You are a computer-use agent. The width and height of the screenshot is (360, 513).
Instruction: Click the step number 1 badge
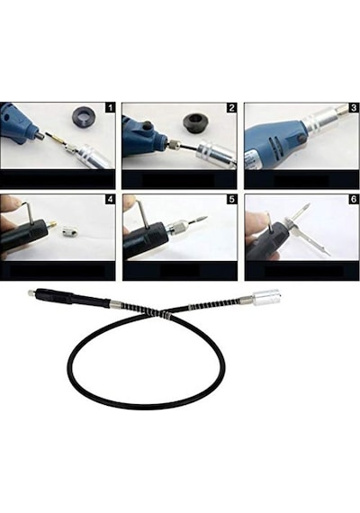click(111, 107)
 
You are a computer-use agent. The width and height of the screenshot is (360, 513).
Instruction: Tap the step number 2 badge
click(232, 108)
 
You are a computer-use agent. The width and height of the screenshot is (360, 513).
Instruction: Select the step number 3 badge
click(354, 108)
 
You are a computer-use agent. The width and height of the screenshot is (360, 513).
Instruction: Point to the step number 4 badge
click(111, 199)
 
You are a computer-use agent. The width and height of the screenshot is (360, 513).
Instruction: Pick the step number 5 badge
click(232, 199)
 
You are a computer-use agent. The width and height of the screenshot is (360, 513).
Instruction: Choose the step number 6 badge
click(354, 199)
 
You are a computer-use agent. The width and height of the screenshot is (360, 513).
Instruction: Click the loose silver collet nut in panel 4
click(69, 233)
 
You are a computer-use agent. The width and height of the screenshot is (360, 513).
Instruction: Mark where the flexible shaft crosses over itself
click(165, 313)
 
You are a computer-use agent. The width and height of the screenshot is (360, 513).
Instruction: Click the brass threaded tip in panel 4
click(53, 226)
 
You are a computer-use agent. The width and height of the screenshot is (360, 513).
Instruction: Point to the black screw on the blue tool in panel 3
click(299, 139)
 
